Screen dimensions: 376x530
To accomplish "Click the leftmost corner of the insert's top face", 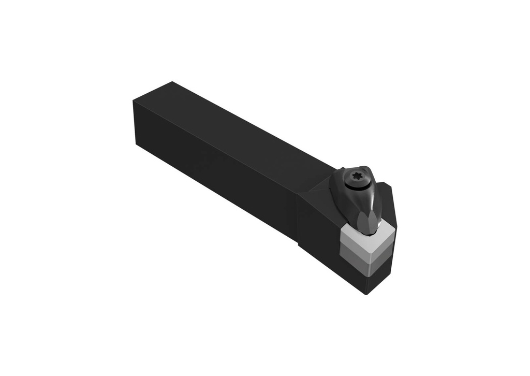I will coord(342,229).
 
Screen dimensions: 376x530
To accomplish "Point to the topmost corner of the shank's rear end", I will coord(173,82).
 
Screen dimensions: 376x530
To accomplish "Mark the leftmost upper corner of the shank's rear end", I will coord(134,102).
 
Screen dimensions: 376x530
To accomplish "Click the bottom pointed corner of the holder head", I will coord(366,294).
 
